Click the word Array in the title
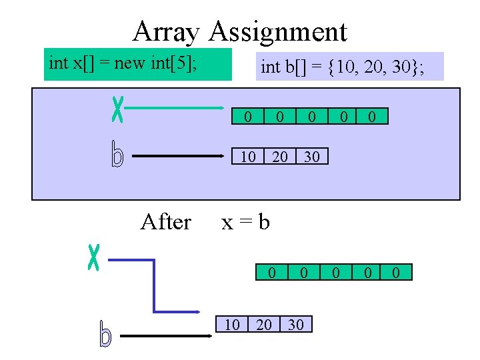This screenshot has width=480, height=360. pos(167,31)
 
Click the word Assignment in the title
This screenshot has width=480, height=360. pos(278,31)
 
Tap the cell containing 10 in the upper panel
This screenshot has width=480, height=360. pos(247,157)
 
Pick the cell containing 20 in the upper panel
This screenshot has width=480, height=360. pos(280,157)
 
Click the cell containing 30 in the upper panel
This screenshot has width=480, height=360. pos(311,157)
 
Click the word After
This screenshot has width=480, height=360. pos(166,222)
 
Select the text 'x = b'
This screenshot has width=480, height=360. pos(245,222)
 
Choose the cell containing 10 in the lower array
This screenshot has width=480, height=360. pos(231,325)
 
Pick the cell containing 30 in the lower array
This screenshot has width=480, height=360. pos(295,325)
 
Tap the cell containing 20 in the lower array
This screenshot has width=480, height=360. pos(264,325)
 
